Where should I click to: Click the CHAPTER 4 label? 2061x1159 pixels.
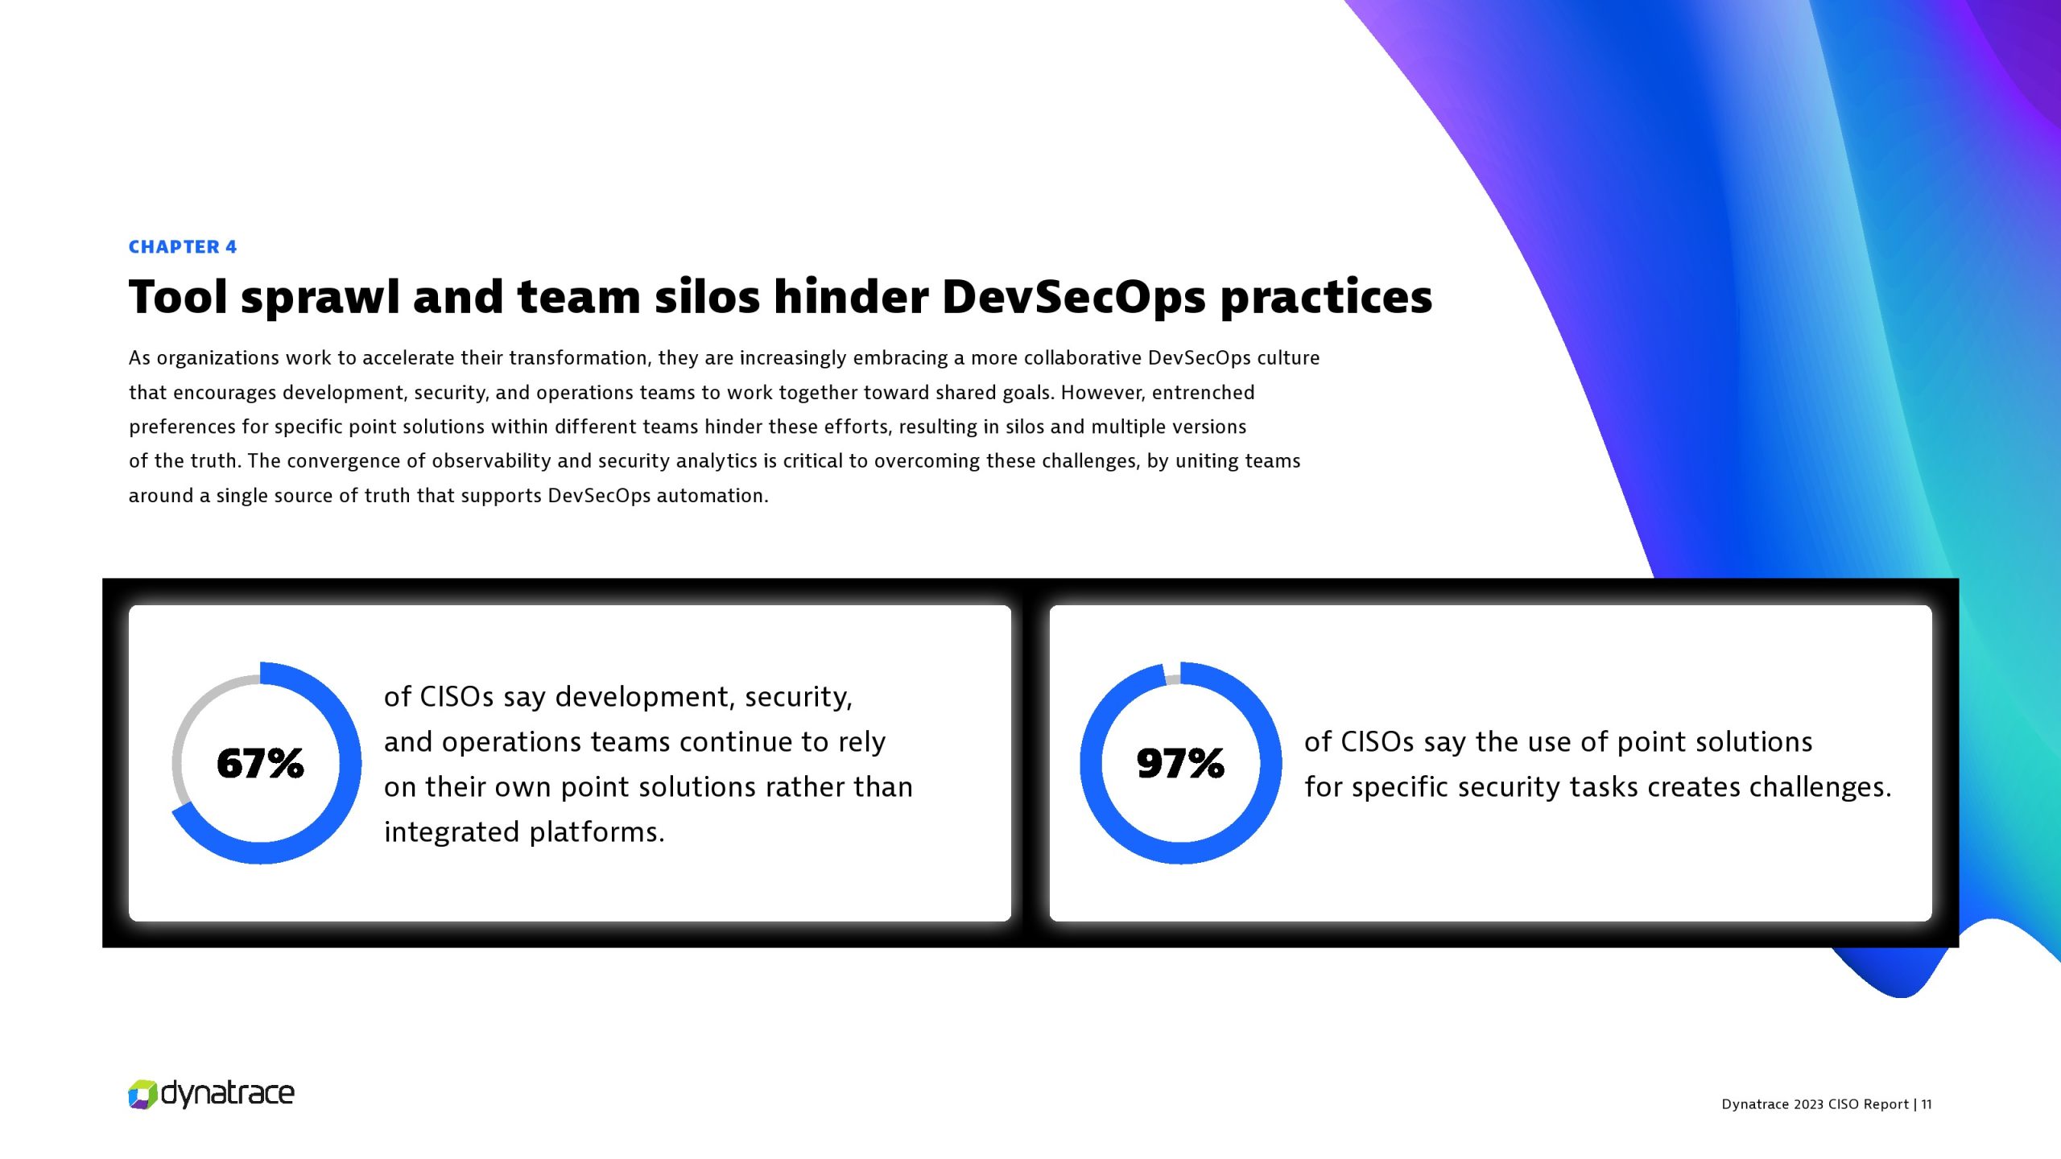coord(183,247)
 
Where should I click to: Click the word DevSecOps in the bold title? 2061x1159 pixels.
coord(1074,297)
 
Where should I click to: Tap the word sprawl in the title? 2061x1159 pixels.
coord(320,298)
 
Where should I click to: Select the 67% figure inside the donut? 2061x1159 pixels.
coord(260,763)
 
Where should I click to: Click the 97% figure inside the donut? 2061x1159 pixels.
coord(1180,763)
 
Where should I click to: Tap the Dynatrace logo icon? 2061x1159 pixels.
coord(142,1095)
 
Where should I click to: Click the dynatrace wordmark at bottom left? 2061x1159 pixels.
coord(228,1094)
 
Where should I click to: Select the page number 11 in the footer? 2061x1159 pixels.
coord(1926,1104)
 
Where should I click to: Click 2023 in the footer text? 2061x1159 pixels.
coord(1808,1104)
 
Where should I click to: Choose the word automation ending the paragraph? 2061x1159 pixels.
coord(712,496)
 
